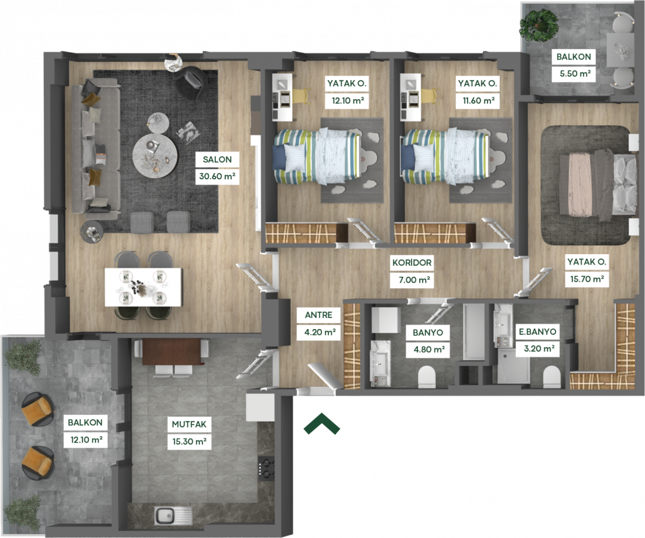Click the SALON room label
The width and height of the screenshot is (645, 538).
[217, 159]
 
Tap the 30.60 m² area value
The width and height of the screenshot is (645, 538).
[217, 177]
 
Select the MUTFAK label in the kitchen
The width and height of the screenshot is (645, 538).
[189, 424]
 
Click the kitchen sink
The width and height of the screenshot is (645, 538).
[173, 515]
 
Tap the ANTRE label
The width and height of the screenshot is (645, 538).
[319, 315]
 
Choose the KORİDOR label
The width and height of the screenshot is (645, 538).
[412, 263]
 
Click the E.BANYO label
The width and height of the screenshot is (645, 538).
[538, 332]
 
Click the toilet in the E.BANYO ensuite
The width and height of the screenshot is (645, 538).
[551, 376]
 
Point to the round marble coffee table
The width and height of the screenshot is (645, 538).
[155, 155]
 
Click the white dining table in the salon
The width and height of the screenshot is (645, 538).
[143, 287]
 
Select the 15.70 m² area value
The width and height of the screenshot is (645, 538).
[587, 279]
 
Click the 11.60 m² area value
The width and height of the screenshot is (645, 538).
[477, 101]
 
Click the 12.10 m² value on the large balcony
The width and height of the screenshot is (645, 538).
[86, 440]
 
